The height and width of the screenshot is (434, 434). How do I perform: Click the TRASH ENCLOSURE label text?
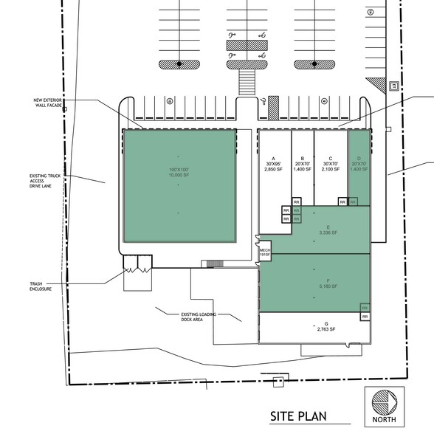41,286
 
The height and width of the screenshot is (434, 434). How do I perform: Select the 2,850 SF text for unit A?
274,169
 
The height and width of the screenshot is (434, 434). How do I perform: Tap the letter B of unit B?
302,159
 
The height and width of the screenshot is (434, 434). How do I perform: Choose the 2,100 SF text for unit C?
331,169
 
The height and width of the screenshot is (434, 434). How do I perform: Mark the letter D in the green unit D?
358,159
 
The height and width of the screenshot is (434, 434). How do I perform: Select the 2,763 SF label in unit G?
325,329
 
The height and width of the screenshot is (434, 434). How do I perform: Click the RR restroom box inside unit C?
342,201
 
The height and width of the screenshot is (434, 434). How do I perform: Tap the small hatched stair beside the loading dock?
216,263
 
